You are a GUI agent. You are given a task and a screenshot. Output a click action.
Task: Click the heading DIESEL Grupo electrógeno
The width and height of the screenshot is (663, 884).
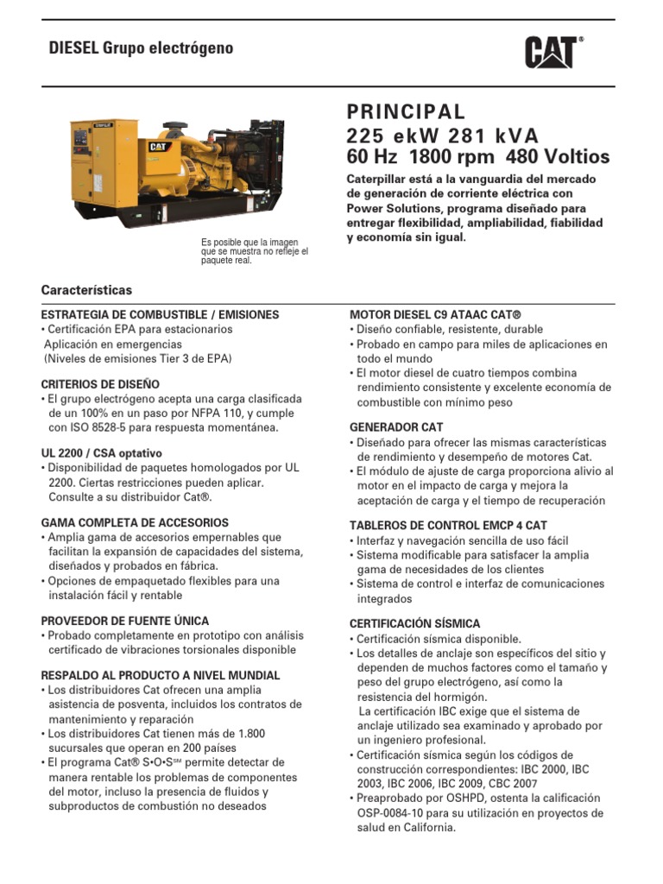pyautogui.click(x=141, y=48)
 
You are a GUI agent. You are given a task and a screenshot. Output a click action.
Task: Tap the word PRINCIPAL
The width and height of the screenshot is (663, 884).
pyautogui.click(x=406, y=112)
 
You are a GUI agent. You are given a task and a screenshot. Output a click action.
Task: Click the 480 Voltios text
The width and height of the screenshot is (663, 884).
pyautogui.click(x=559, y=157)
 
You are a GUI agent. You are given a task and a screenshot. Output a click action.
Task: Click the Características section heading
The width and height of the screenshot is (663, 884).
pyautogui.click(x=86, y=290)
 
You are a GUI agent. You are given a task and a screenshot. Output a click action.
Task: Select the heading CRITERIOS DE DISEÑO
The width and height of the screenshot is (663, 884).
pyautogui.click(x=100, y=384)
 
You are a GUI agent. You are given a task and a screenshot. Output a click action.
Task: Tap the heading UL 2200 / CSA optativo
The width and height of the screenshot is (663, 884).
pyautogui.click(x=102, y=453)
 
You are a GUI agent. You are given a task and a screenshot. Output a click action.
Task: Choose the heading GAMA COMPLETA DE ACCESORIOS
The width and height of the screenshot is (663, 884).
pyautogui.click(x=135, y=523)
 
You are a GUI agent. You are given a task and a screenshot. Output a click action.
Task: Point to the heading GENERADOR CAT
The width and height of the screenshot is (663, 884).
pyautogui.click(x=396, y=427)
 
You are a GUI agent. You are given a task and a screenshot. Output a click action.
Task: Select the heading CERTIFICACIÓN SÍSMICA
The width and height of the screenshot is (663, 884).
pyautogui.click(x=414, y=623)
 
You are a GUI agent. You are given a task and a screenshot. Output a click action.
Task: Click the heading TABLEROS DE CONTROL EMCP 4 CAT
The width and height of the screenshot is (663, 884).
pyautogui.click(x=448, y=526)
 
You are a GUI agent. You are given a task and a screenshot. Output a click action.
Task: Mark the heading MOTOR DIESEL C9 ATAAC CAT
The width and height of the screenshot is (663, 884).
pyautogui.click(x=435, y=315)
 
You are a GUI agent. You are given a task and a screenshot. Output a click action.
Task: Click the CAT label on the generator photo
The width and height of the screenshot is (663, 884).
pyautogui.click(x=158, y=147)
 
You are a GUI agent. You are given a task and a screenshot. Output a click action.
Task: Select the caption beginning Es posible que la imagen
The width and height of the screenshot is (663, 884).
pyautogui.click(x=254, y=251)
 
